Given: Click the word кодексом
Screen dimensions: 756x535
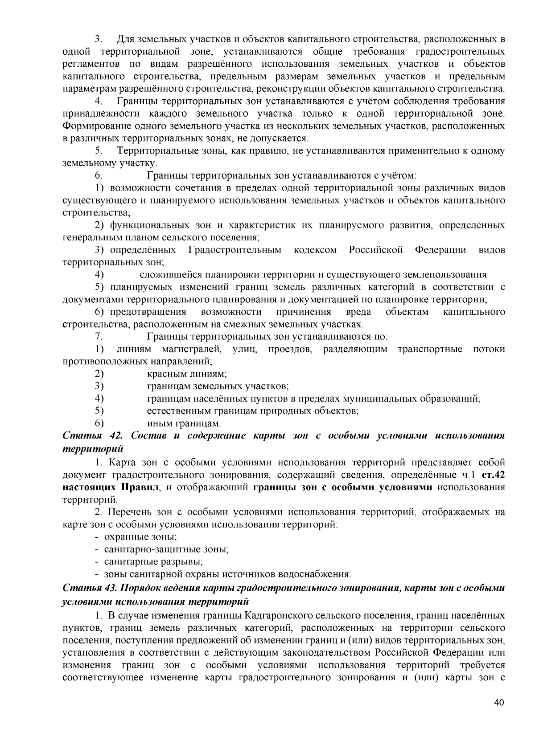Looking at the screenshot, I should [x=315, y=250].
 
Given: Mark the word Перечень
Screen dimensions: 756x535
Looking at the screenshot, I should [x=127, y=512].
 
